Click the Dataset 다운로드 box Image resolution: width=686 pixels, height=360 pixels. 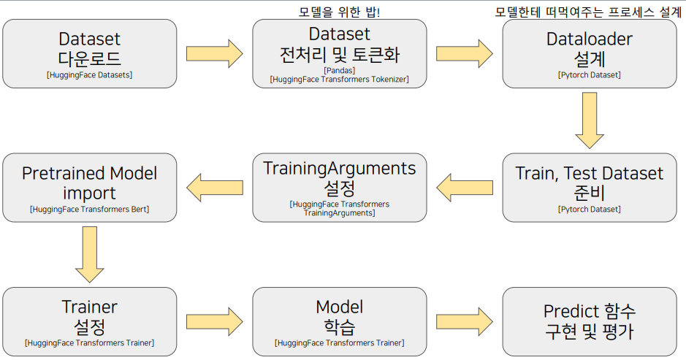(x=90, y=53)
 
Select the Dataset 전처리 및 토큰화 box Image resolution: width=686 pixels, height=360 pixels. (x=340, y=53)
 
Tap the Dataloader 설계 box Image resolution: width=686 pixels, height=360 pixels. (x=590, y=53)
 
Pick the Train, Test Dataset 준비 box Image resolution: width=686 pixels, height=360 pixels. (x=590, y=187)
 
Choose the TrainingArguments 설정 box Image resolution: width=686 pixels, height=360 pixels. (x=340, y=187)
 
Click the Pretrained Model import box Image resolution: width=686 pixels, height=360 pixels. (x=90, y=187)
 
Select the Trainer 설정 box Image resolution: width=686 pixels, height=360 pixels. (x=90, y=321)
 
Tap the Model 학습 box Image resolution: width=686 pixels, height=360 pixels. (x=340, y=321)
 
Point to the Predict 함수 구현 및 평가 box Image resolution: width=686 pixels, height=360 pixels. (x=590, y=321)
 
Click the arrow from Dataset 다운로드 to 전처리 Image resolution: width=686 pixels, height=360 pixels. (x=215, y=54)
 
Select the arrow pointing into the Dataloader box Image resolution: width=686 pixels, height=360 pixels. (x=465, y=54)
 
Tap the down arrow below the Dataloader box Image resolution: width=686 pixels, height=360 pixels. (x=590, y=120)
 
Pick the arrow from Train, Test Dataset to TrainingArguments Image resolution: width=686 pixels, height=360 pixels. (x=465, y=188)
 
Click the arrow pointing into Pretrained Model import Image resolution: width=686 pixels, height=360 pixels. (x=215, y=188)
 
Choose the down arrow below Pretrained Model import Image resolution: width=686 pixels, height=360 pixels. (x=90, y=254)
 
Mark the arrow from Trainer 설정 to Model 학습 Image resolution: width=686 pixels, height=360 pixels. (x=215, y=321)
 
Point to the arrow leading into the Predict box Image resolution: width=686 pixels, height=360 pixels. (x=465, y=321)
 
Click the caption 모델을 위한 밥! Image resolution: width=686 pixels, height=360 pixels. (x=340, y=12)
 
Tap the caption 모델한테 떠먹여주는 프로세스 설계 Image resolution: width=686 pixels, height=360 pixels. (x=588, y=12)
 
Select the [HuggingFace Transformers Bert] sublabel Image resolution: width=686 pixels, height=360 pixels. (x=90, y=209)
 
